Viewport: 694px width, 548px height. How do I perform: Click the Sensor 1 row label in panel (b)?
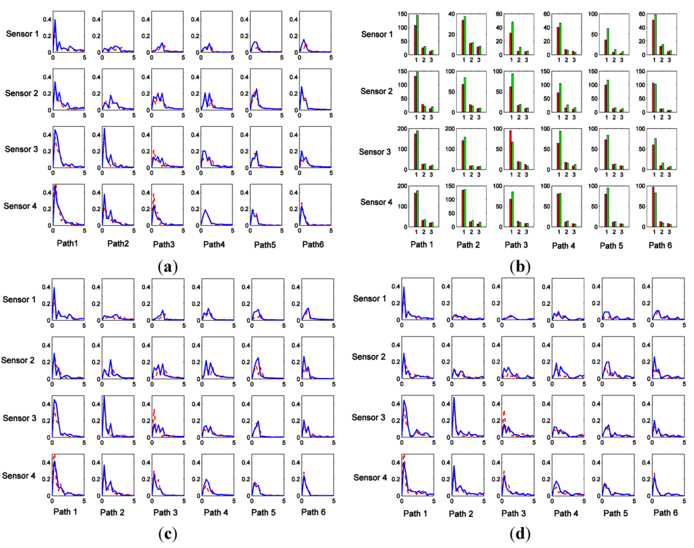pos(382,33)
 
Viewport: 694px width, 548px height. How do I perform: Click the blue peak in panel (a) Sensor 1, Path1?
pos(55,21)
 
